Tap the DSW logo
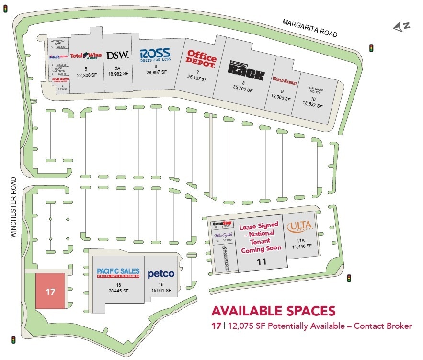pos(117,56)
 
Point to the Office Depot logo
pos(202,59)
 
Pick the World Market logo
pos(285,81)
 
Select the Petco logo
pos(161,274)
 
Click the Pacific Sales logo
pos(117,273)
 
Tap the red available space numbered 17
pos(50,291)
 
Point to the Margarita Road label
pos(310,28)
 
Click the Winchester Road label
pos(13,207)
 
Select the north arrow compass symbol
pos(401,28)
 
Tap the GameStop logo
pos(222,224)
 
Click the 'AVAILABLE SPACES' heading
pos(273,311)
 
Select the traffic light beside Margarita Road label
pos(371,47)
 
